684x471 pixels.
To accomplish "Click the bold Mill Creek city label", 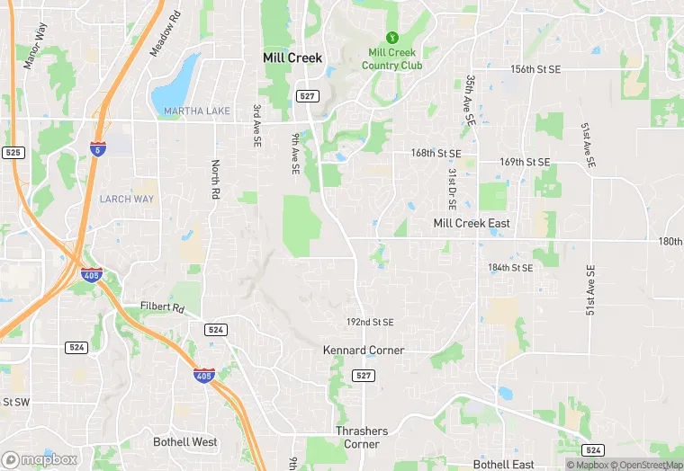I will [292, 57].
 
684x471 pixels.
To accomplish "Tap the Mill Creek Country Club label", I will [391, 59].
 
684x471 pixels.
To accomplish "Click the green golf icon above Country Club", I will [391, 37].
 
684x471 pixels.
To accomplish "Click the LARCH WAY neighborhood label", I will [127, 199].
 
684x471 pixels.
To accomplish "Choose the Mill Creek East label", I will [472, 223].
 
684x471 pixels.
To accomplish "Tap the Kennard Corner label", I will [364, 350].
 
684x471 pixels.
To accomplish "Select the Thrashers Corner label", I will [362, 438].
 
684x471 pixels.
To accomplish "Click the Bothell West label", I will [185, 442].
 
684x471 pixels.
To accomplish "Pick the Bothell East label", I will [504, 464].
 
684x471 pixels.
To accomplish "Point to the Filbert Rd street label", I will [162, 307].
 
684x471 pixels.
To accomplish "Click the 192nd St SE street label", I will [371, 322].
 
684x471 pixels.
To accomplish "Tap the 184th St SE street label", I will [510, 268].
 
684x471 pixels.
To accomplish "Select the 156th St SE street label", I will [535, 69].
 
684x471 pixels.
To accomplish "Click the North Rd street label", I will [215, 181].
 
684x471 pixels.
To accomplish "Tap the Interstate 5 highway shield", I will [96, 149].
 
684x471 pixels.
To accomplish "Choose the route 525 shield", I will [12, 153].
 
